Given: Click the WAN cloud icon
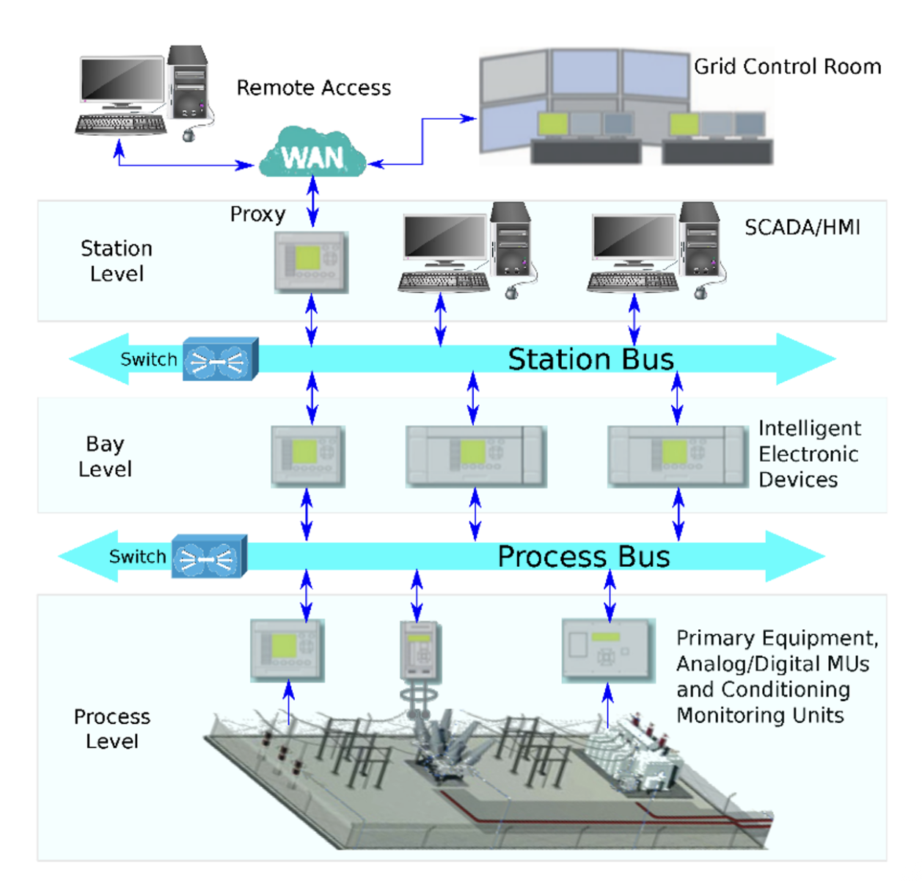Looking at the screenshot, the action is (x=312, y=153).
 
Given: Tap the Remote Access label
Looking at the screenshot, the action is (x=314, y=87).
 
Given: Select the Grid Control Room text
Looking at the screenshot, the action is (x=788, y=67).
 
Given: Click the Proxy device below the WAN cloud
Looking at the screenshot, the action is (x=311, y=262).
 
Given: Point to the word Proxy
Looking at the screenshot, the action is (x=257, y=215).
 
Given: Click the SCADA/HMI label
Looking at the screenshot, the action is (x=802, y=228).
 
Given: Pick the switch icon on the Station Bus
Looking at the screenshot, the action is (x=221, y=359).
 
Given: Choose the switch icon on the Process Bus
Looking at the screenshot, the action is (x=210, y=556).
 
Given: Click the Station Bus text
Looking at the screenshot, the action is (x=590, y=359).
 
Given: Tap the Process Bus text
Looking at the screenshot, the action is (x=584, y=556).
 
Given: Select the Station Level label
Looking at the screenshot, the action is (x=117, y=261).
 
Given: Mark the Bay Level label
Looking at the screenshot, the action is (x=105, y=457).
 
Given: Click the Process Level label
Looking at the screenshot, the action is (x=111, y=729).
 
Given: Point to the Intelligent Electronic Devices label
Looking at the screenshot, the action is (x=810, y=454).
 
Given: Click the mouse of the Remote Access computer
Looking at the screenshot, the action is (x=189, y=135).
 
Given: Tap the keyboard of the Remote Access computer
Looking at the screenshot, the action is (x=121, y=125).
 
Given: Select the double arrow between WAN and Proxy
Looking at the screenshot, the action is (x=312, y=201).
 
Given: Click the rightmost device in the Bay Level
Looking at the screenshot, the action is (x=678, y=456).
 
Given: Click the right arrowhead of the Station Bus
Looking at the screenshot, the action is (x=806, y=359).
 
